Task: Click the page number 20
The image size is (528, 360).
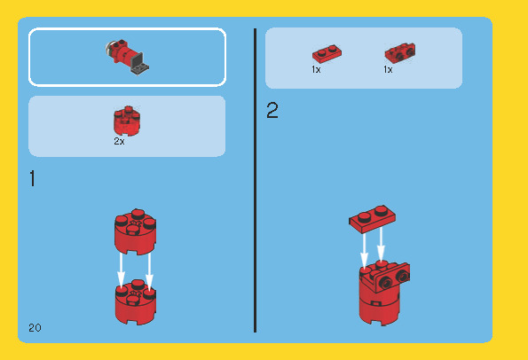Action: (x=35, y=328)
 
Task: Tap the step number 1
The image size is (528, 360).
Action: (x=32, y=178)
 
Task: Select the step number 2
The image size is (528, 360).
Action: (x=272, y=110)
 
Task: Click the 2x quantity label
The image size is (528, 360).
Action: (x=119, y=141)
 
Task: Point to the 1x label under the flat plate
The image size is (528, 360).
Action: (x=316, y=70)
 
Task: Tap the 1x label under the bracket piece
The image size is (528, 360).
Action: (x=388, y=70)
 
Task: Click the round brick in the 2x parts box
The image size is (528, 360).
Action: (x=127, y=121)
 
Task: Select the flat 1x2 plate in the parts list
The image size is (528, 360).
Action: (x=327, y=54)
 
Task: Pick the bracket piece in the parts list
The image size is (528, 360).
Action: (x=400, y=52)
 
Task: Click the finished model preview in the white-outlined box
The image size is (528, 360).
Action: (x=127, y=57)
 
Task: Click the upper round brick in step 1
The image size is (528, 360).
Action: (x=136, y=231)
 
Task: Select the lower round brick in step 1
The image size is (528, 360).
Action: (x=136, y=301)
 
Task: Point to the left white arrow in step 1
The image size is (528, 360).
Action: (x=121, y=271)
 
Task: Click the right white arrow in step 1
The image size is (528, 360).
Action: (x=149, y=271)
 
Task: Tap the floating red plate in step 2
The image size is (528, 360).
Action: (x=372, y=219)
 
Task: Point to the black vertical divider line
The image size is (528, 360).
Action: (x=256, y=180)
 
